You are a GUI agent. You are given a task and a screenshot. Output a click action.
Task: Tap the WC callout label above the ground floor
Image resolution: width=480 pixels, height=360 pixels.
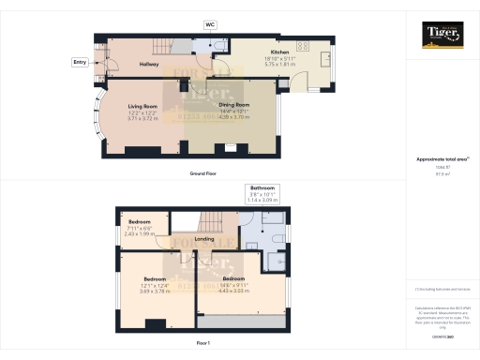pos(210,24)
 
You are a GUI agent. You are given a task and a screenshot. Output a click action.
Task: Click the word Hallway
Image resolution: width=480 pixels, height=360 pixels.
pos(148,64)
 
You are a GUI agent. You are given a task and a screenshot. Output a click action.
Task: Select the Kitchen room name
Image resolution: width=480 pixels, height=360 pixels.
pos(279,52)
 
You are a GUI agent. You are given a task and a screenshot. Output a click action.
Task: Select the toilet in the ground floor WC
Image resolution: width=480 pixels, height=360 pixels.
pos(217,47)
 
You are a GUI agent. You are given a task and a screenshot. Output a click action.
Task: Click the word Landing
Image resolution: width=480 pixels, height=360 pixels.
pos(204,238)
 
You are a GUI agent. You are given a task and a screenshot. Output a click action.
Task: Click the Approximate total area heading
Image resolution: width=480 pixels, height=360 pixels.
pos(441,159)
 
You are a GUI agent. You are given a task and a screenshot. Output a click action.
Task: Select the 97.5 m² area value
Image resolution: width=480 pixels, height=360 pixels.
pos(441,173)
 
